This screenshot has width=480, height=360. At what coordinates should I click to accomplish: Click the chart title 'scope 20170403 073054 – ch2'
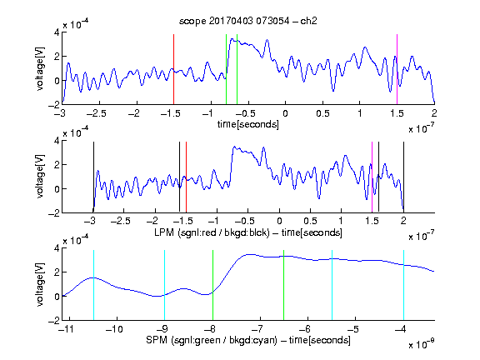[x=248, y=21]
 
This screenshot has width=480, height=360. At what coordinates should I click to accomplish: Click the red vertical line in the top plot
[x=174, y=69]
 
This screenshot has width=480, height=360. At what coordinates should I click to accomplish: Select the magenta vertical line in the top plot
[x=397, y=69]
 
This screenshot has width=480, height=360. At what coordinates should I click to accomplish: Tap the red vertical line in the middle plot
[x=186, y=177]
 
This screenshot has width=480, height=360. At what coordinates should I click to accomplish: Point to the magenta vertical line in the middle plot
[x=372, y=177]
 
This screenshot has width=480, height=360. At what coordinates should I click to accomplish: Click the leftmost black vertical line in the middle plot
[x=93, y=177]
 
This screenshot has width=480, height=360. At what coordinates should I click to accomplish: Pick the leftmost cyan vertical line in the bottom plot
[x=93, y=285]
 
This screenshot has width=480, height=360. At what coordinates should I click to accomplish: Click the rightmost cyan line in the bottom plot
[x=403, y=285]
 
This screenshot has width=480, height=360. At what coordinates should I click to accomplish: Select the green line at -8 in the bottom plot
[x=212, y=285]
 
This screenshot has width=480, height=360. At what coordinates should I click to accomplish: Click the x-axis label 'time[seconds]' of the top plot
[x=248, y=124]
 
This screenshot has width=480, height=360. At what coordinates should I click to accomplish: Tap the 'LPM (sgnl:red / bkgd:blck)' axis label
[x=212, y=232]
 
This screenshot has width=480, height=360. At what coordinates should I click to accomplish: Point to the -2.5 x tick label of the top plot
[x=96, y=113]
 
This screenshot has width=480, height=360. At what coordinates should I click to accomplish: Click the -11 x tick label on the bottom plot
[x=66, y=329]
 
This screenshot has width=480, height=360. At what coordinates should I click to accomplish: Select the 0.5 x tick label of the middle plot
[x=310, y=221]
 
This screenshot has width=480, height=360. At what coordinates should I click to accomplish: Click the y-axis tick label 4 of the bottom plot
[x=57, y=248]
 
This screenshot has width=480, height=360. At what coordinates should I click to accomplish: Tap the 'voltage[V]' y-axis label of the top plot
[x=40, y=69]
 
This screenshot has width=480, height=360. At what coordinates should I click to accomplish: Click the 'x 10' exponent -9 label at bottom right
[x=422, y=344]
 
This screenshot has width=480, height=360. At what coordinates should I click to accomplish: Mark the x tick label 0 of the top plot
[x=285, y=113]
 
